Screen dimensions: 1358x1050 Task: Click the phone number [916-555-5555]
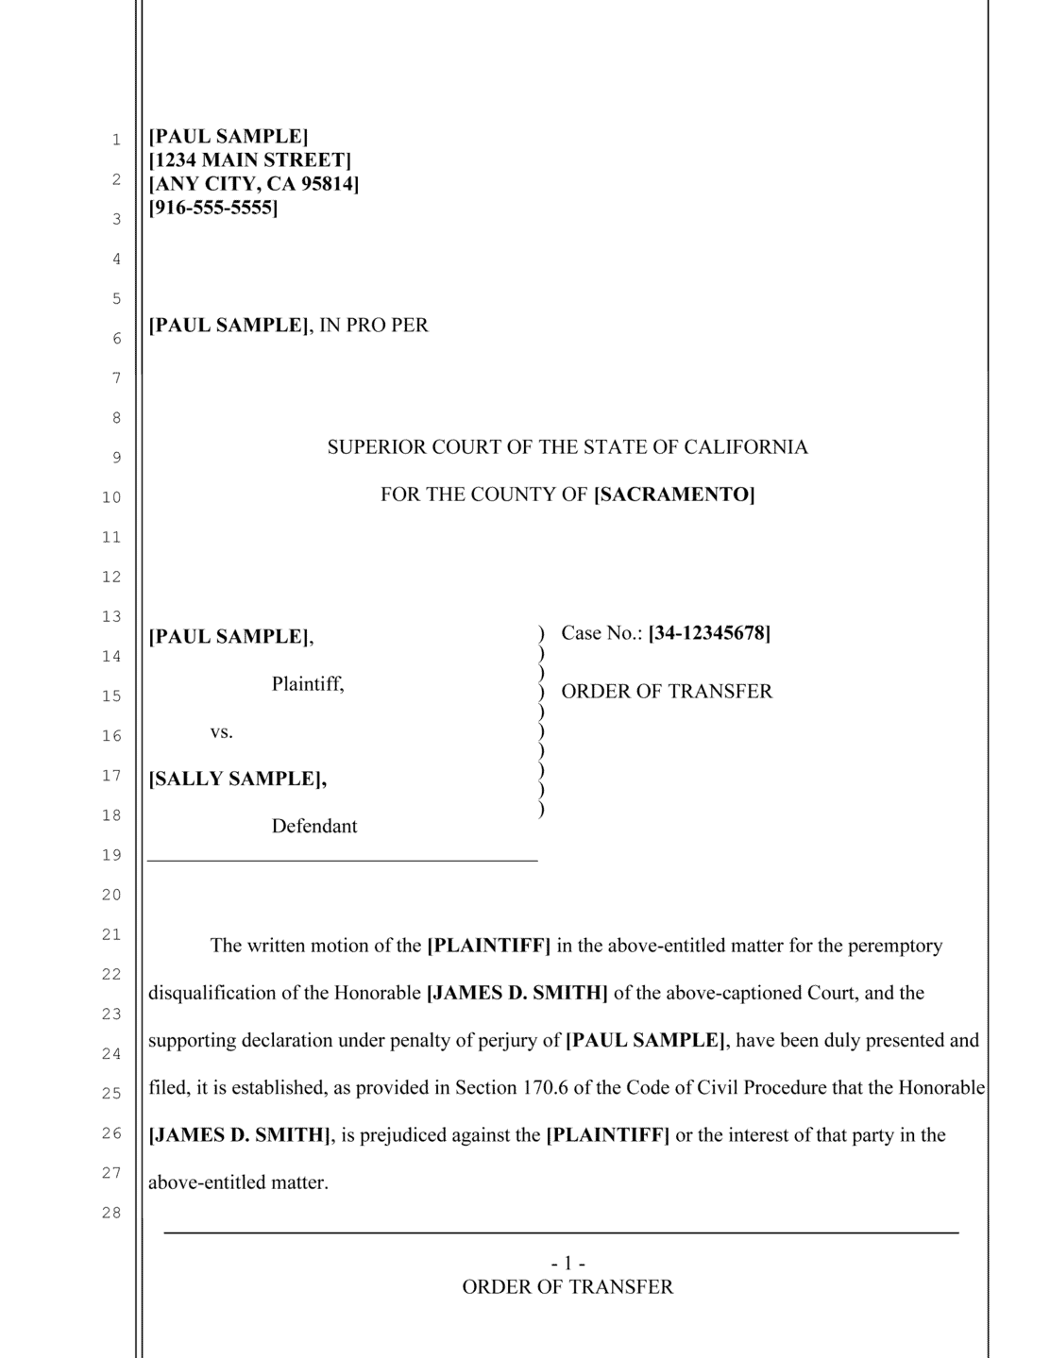[x=213, y=208]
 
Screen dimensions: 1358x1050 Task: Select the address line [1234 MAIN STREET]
[x=250, y=160]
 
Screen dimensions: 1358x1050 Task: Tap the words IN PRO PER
[x=374, y=326]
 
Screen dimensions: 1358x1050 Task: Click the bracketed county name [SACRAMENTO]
[x=674, y=495]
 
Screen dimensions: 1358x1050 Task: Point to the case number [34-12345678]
[x=709, y=633]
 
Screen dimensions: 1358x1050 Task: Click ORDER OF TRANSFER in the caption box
[x=667, y=692]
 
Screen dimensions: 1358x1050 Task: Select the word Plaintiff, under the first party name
[x=308, y=684]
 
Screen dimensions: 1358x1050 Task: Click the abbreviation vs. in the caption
[x=221, y=731]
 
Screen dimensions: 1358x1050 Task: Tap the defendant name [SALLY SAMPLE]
[x=238, y=779]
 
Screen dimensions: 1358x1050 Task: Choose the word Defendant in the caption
[x=314, y=827]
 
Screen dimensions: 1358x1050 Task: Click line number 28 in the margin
[x=112, y=1213]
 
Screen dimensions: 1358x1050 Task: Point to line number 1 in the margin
[x=116, y=140]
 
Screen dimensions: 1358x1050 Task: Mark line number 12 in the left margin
[x=112, y=577]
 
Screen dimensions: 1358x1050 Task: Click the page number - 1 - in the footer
[x=567, y=1263]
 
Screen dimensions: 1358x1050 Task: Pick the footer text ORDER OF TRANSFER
[x=567, y=1287]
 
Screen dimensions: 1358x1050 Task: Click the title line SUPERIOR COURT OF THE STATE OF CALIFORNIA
[x=567, y=447]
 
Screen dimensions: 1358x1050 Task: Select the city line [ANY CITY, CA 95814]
[x=254, y=184]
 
